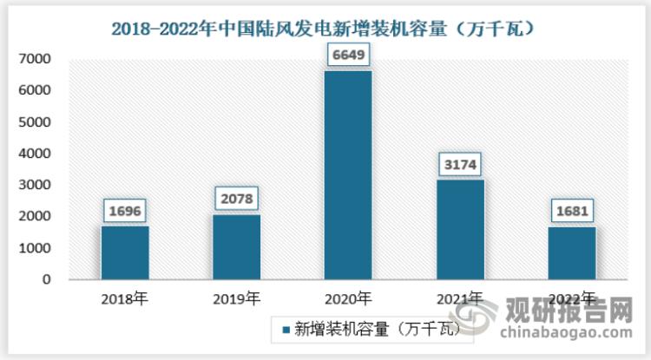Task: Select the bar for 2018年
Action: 125,252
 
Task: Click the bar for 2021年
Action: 460,230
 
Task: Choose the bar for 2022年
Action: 571,253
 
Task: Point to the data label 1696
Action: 125,211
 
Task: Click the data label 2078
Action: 236,199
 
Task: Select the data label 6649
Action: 348,56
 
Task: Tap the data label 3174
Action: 460,164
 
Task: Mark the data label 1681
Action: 571,212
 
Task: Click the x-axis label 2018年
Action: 125,299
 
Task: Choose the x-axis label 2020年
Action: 348,299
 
